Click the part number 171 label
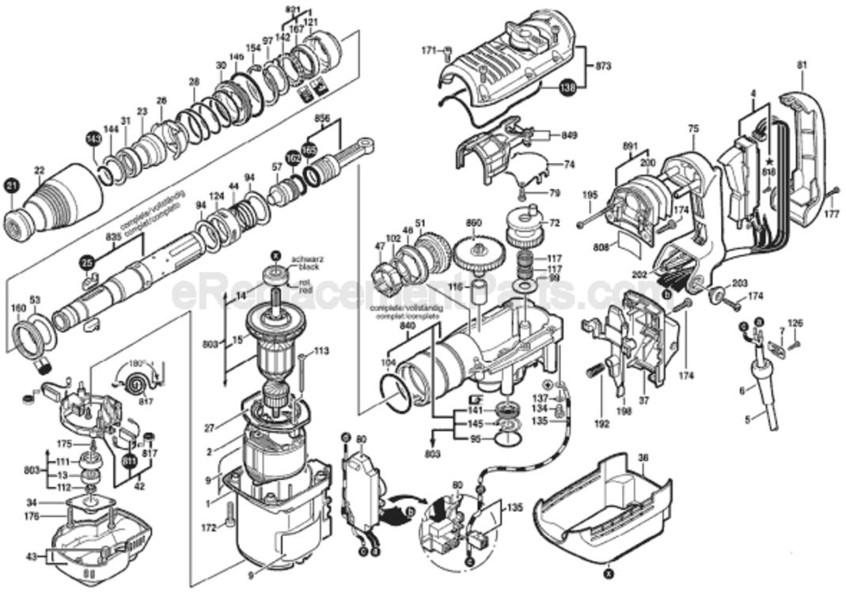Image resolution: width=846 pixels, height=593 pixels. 428,51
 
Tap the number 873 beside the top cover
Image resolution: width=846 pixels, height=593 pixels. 603,66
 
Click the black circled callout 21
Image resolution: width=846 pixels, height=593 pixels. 11,187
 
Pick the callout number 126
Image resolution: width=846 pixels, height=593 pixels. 795,323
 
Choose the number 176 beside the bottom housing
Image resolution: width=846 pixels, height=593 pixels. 31,518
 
